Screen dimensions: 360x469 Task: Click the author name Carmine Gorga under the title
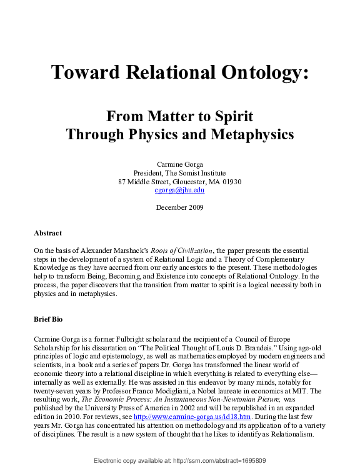point(180,164)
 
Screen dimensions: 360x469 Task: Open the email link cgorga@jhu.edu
point(180,190)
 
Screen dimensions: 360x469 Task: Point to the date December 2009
point(180,207)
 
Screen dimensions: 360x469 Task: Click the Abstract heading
point(47,233)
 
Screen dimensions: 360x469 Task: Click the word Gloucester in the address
point(174,181)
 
